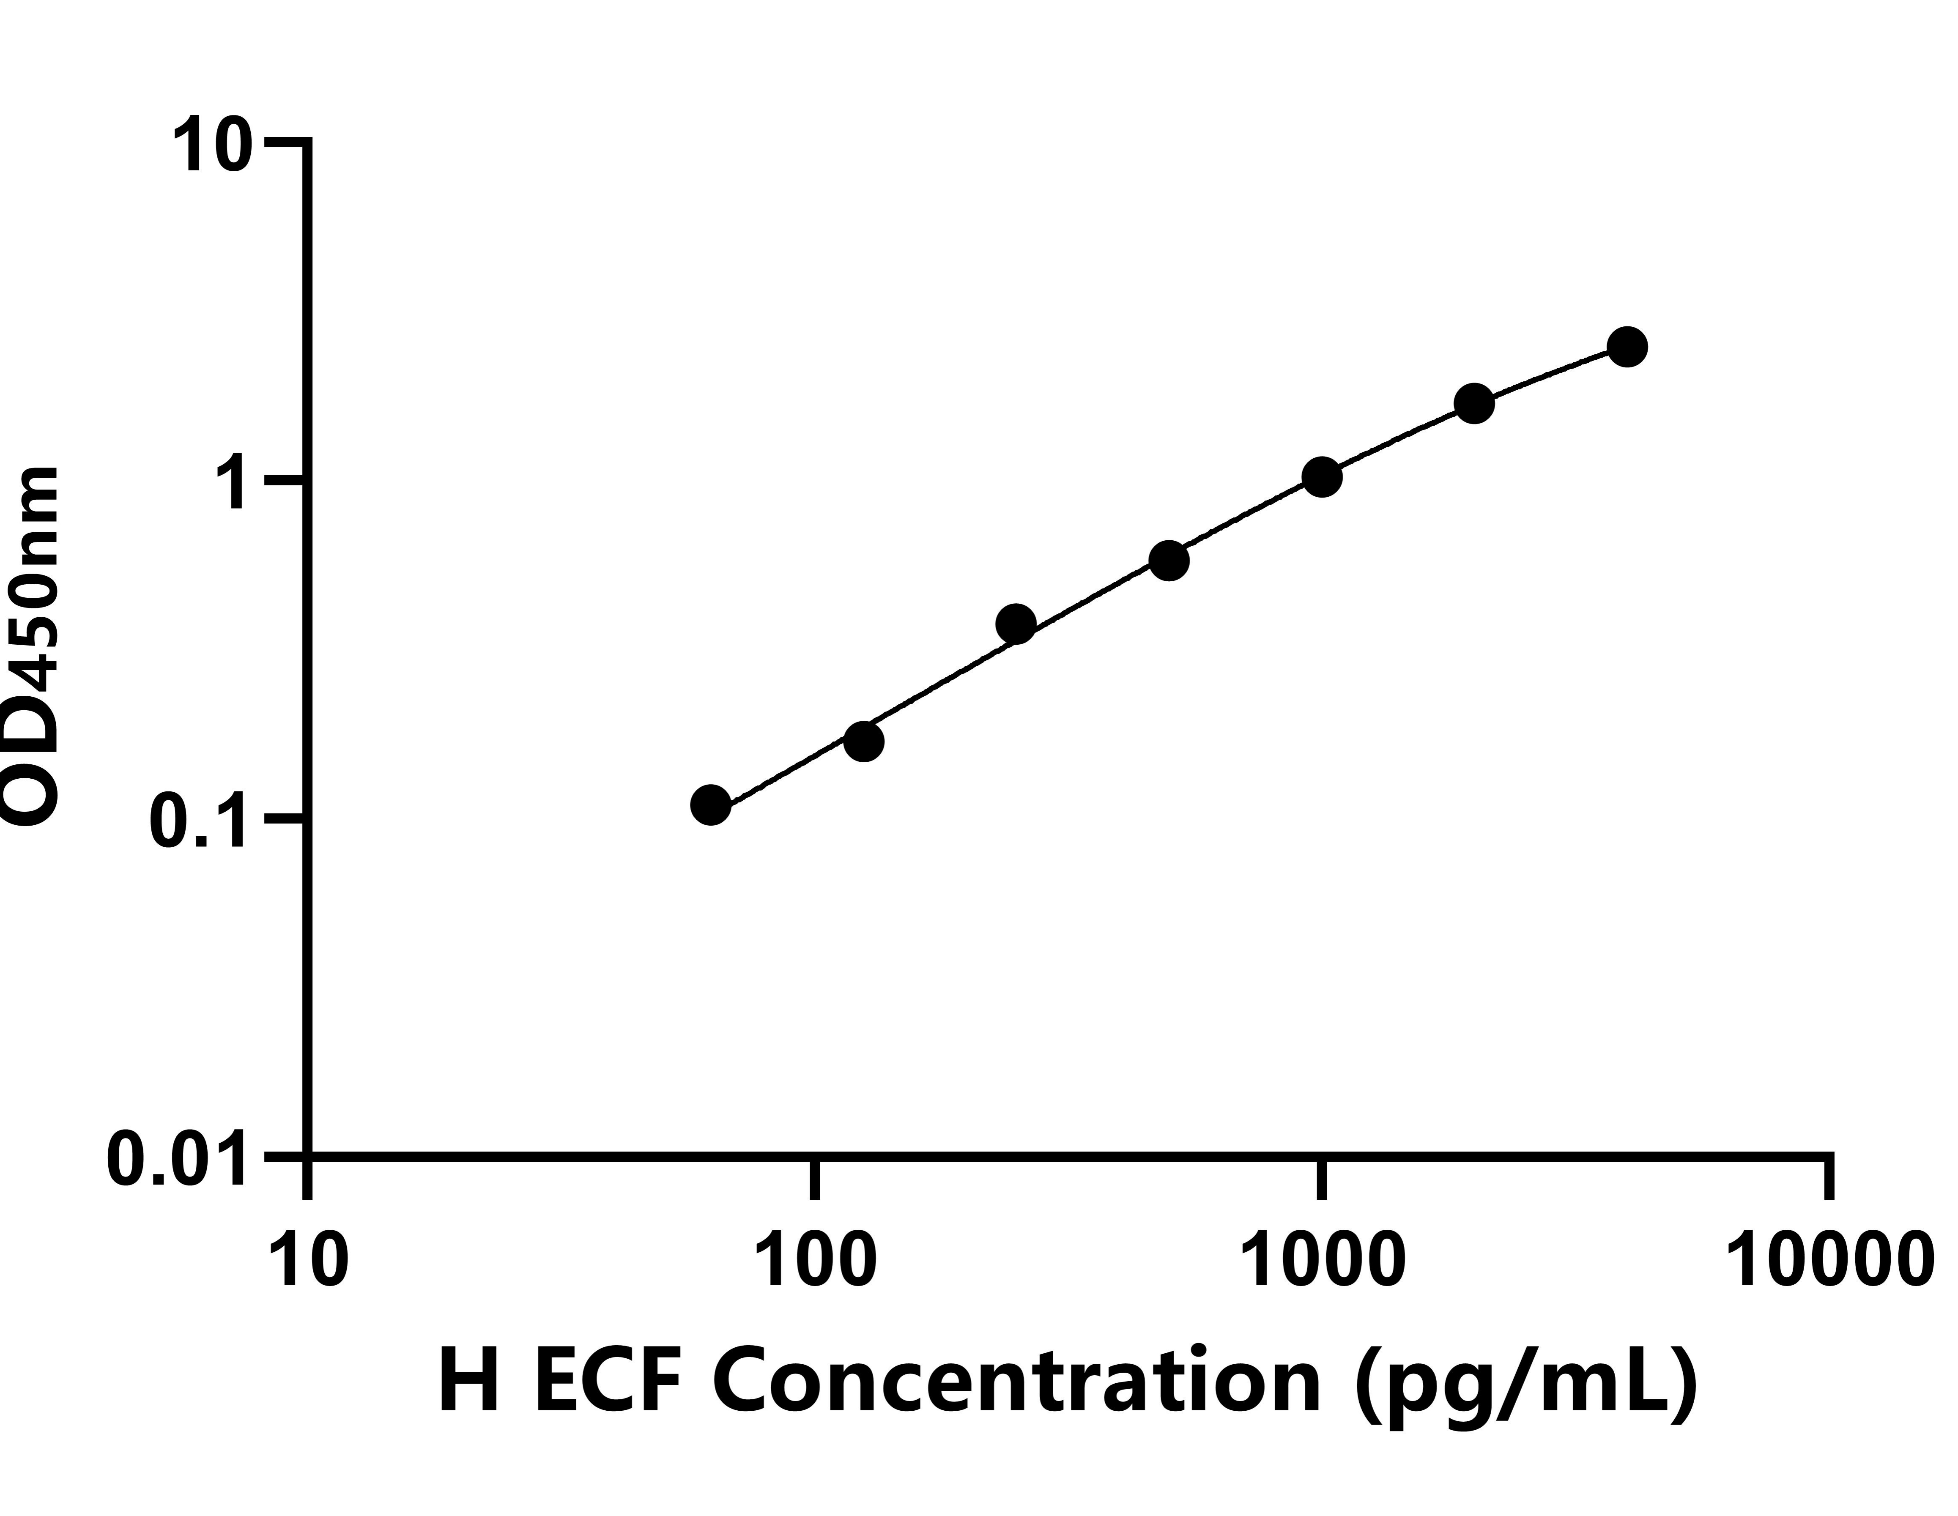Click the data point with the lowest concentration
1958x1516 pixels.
[x=711, y=805]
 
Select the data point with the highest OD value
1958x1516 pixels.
[x=1627, y=347]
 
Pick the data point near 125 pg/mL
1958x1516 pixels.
[x=863, y=742]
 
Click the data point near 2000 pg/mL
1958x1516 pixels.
[x=1474, y=403]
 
